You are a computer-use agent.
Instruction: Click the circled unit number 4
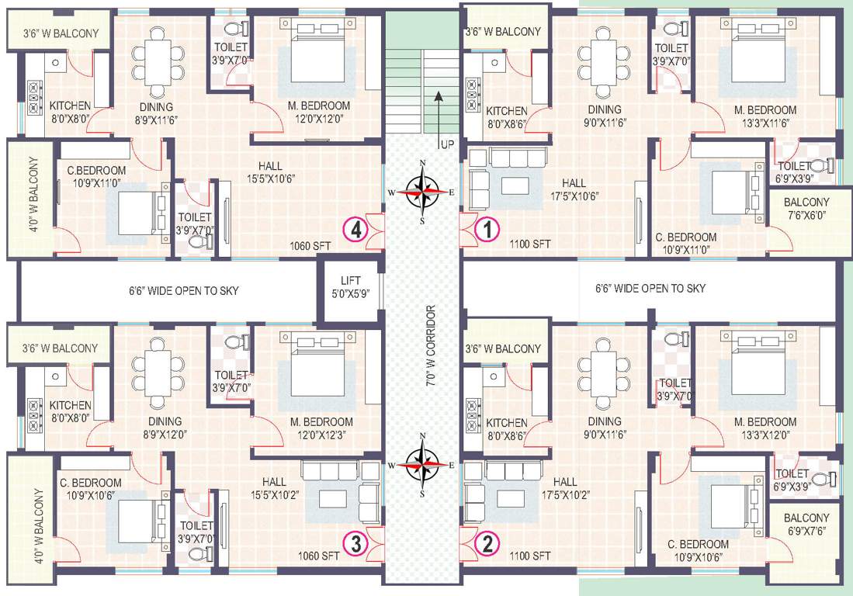pyautogui.click(x=355, y=230)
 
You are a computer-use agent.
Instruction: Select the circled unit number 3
pyautogui.click(x=355, y=543)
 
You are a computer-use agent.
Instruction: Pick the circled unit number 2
pyautogui.click(x=487, y=543)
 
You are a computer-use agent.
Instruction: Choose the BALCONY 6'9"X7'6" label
pyautogui.click(x=806, y=524)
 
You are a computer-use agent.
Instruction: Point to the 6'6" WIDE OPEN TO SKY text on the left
pyautogui.click(x=184, y=291)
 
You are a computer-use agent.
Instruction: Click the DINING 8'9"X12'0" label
pyautogui.click(x=165, y=428)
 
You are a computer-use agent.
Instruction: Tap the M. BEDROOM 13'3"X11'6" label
pyautogui.click(x=765, y=116)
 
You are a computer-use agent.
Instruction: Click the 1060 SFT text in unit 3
pyautogui.click(x=319, y=556)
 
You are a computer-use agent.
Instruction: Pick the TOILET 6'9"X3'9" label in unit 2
pyautogui.click(x=792, y=480)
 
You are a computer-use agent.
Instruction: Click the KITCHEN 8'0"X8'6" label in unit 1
pyautogui.click(x=506, y=117)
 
